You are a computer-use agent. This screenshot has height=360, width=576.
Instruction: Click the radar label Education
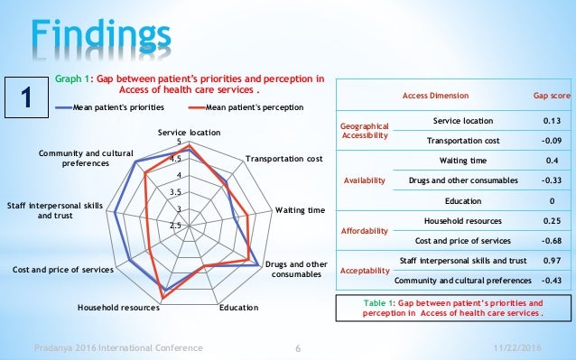coord(238,308)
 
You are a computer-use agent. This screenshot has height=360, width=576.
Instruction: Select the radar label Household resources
coord(118,308)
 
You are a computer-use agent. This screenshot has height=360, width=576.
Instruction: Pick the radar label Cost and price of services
coord(63,270)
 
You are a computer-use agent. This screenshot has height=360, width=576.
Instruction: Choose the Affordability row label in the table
coord(364,231)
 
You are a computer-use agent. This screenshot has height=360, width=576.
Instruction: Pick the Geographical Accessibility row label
coord(364,131)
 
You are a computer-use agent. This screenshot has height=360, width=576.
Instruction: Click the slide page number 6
coord(298,347)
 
